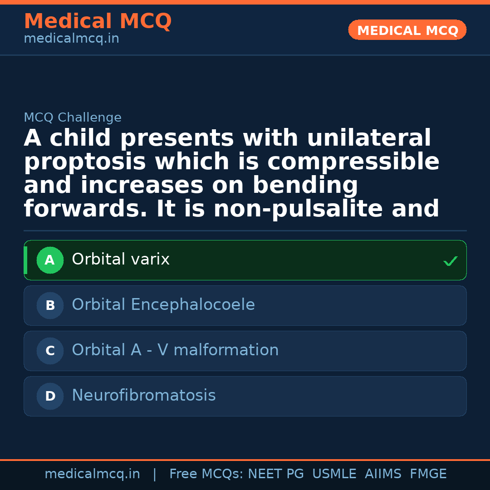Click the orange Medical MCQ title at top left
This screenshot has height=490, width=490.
pos(98,21)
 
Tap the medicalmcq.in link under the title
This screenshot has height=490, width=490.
pos(71,39)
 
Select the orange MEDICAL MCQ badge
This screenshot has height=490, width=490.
pos(407,30)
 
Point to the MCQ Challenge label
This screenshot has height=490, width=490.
pos(73,118)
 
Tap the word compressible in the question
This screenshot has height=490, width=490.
pos(353,162)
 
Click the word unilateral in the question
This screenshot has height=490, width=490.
pos(369,138)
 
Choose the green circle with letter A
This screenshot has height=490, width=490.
pos(50,260)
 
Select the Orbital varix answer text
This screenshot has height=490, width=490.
pos(121,260)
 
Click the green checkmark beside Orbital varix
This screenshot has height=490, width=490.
pos(450,261)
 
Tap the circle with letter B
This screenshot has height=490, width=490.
pos(50,305)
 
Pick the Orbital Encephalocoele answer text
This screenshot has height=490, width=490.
pos(163,305)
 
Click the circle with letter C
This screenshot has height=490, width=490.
pos(50,351)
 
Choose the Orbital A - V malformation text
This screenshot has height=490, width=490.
pos(175,350)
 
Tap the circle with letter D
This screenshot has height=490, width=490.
pos(50,396)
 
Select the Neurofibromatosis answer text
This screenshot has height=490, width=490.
pos(144,396)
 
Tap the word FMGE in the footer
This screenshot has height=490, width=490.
pos(428,474)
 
